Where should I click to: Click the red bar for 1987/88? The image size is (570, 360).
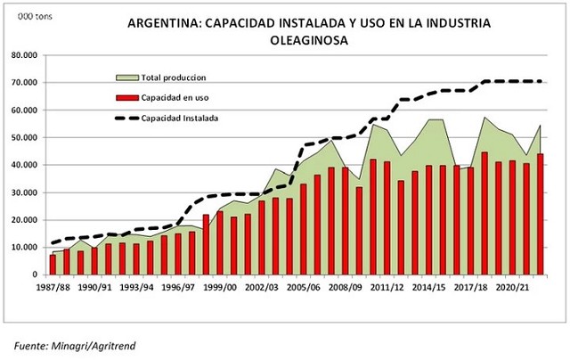click(x=53, y=265)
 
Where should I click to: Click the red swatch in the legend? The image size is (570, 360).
click(x=130, y=97)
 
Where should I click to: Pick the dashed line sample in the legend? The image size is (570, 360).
click(x=130, y=117)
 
